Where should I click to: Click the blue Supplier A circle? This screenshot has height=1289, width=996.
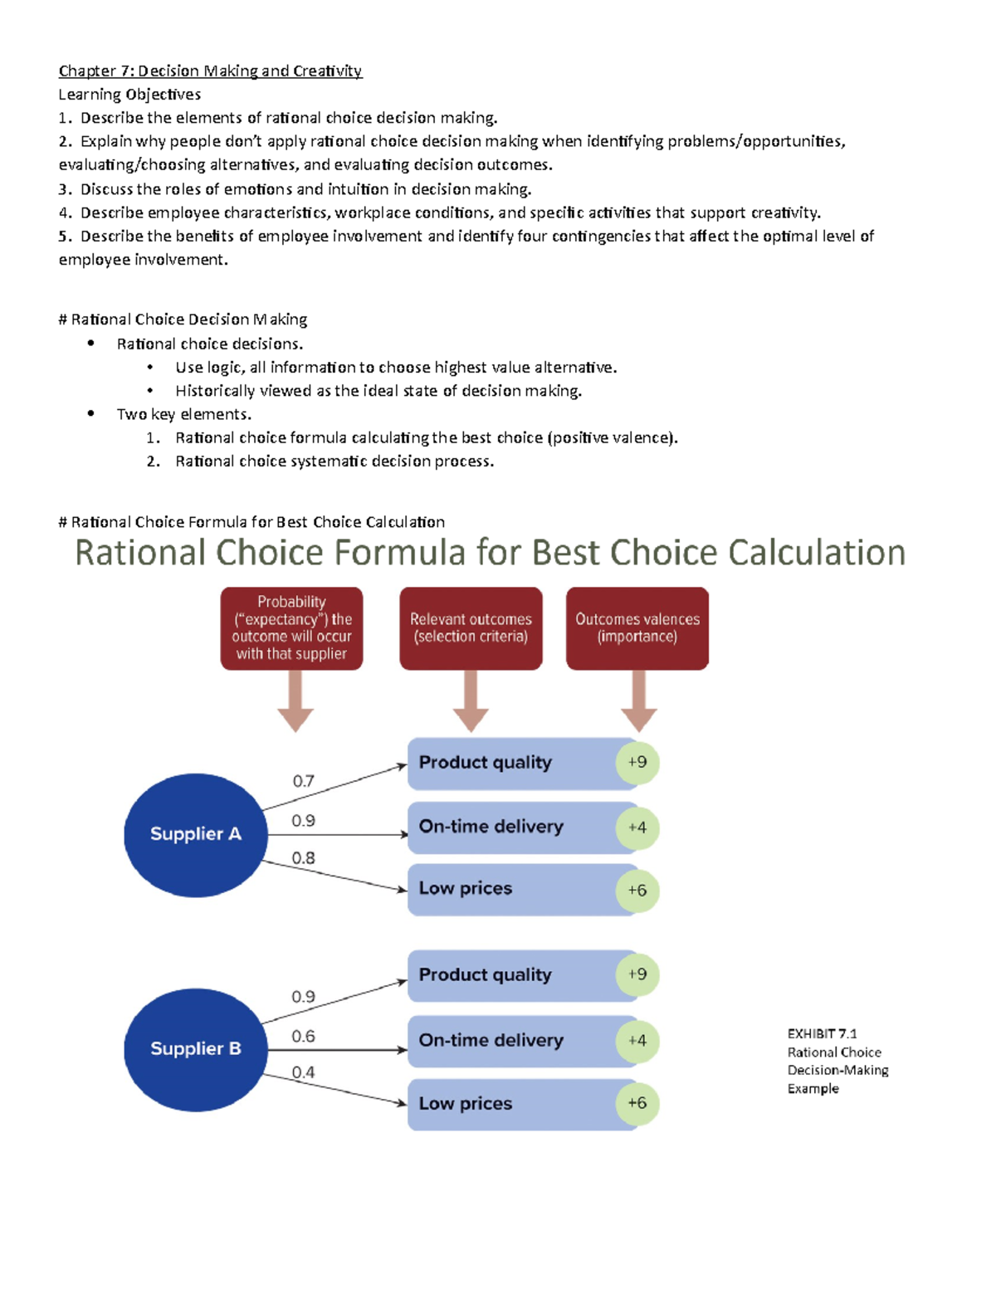pyautogui.click(x=195, y=834)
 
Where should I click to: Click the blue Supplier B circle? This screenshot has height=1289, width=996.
pyautogui.click(x=195, y=1049)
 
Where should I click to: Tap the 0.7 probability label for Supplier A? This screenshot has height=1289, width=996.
pyautogui.click(x=303, y=781)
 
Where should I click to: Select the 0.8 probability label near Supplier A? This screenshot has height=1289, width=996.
pyautogui.click(x=303, y=858)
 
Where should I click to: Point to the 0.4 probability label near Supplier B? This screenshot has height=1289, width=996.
pyautogui.click(x=303, y=1072)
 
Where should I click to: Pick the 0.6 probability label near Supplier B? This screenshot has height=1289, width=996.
pyautogui.click(x=303, y=1036)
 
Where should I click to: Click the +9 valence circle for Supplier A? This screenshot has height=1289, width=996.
pyautogui.click(x=637, y=762)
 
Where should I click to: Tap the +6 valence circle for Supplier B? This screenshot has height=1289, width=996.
pyautogui.click(x=637, y=1103)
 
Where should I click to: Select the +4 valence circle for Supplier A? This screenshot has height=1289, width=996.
pyautogui.click(x=637, y=828)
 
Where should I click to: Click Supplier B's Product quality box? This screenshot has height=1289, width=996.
pyautogui.click(x=510, y=975)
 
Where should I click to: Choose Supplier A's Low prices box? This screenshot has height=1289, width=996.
pyautogui.click(x=510, y=889)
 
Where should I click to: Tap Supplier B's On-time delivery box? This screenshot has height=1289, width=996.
pyautogui.click(x=510, y=1041)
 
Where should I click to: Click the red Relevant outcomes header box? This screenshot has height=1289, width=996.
pyautogui.click(x=471, y=628)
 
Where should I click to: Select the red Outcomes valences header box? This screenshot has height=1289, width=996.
pyautogui.click(x=637, y=628)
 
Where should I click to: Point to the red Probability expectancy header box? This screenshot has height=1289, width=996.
pyautogui.click(x=291, y=628)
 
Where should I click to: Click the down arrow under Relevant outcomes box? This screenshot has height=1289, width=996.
pyautogui.click(x=471, y=701)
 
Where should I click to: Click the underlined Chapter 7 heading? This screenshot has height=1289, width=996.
pyautogui.click(x=210, y=71)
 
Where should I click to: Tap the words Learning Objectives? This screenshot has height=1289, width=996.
pyautogui.click(x=129, y=95)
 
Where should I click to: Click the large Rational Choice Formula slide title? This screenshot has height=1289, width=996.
pyautogui.click(x=490, y=553)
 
